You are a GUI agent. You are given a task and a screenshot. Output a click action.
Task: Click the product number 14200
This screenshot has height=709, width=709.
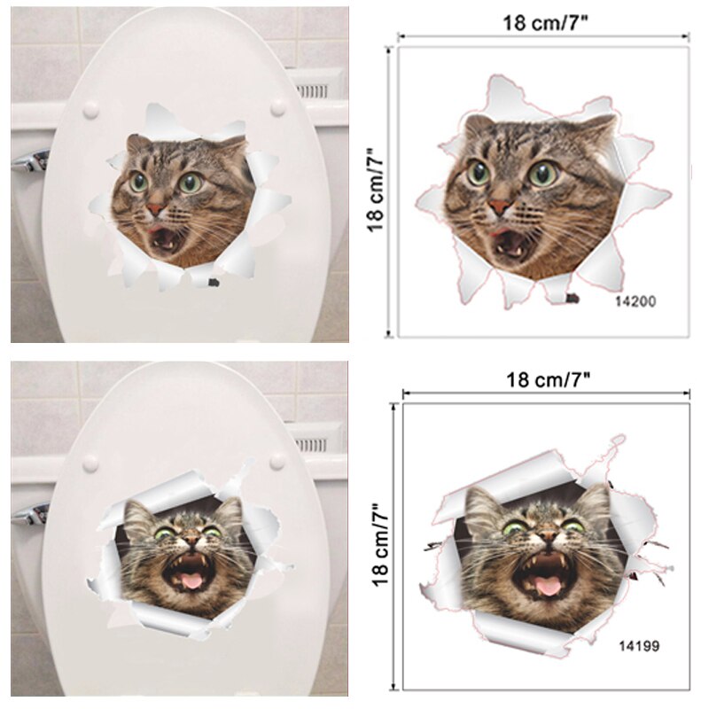[x=635, y=301]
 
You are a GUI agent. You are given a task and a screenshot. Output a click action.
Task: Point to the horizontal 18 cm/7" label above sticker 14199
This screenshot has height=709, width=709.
[x=549, y=379]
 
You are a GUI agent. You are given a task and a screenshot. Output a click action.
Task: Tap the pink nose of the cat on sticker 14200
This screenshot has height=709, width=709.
[x=500, y=206]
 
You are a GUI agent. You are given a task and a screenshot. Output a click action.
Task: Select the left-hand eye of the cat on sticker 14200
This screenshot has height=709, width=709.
[x=479, y=172]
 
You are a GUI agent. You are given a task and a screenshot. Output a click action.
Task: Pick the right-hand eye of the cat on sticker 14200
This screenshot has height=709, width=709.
[x=542, y=174]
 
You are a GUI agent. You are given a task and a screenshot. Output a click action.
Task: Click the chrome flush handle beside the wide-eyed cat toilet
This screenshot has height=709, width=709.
[x=31, y=160]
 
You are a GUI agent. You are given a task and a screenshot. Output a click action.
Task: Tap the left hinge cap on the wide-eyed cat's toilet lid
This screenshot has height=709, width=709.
[x=90, y=110]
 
